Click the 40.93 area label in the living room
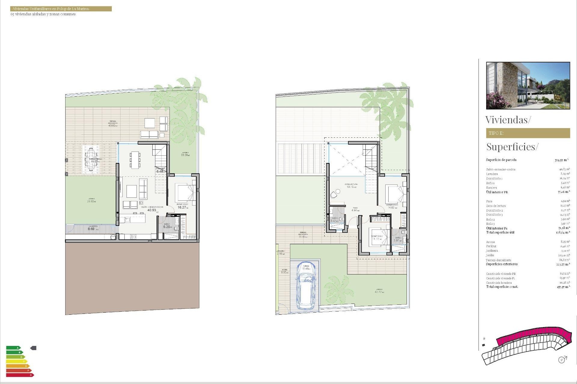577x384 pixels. tap(152, 210)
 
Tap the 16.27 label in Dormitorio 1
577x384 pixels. tap(182, 207)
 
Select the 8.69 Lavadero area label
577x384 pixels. tap(91, 229)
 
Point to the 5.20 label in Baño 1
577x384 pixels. tap(167, 227)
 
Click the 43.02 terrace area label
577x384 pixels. tap(112, 125)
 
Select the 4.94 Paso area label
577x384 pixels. tap(355, 210)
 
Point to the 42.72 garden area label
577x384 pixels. tap(378, 292)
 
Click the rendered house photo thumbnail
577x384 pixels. tap(528, 85)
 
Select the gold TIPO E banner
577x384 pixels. tap(528, 133)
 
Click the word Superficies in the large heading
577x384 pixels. tap(511, 147)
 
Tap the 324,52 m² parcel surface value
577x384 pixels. tap(561, 160)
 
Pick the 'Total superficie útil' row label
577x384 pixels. tap(500, 232)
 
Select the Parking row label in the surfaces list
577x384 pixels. tap(491, 246)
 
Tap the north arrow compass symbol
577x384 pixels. tap(562, 359)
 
